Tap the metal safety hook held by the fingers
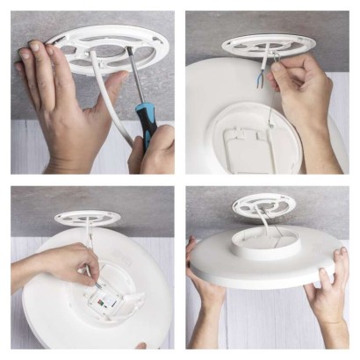click(x=275, y=58)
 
